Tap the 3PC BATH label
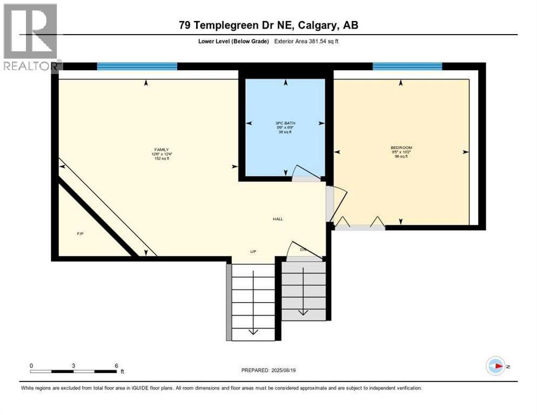(x=285, y=123)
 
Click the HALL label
(x=278, y=219)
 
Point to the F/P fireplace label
(x=80, y=234)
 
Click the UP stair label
(x=253, y=252)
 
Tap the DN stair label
(x=303, y=250)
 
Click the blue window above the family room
(x=137, y=66)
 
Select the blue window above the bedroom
(x=407, y=66)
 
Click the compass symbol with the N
(x=495, y=366)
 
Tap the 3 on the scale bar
(x=73, y=365)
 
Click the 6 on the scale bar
(x=116, y=365)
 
